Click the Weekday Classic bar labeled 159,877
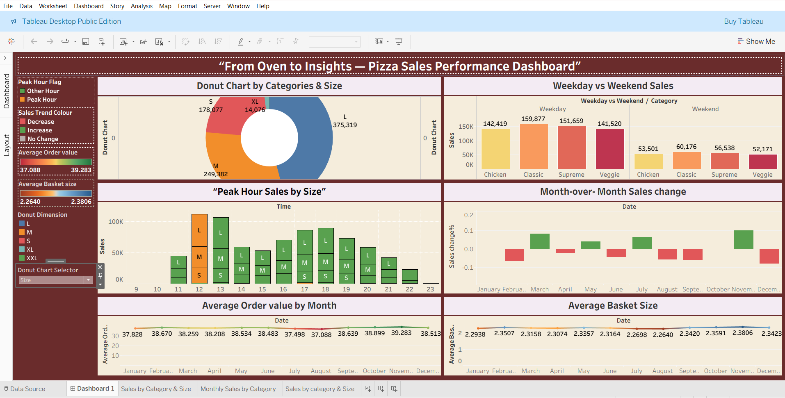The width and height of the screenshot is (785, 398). tap(533, 146)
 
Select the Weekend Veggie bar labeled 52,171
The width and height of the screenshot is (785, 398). tap(763, 161)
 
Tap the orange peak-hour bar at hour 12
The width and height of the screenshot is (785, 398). tap(199, 248)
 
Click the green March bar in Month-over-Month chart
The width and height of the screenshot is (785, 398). tap(540, 241)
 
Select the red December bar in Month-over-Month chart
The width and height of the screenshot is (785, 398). tap(769, 256)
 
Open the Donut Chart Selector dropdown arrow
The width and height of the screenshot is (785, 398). tap(88, 280)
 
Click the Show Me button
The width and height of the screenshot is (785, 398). tap(756, 41)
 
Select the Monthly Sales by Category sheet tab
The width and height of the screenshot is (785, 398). tap(238, 389)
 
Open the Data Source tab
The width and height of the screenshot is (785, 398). tap(25, 389)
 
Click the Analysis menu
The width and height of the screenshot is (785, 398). tap(141, 6)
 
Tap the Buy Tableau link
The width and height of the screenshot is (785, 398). tap(744, 21)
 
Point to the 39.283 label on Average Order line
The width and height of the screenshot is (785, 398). tap(401, 333)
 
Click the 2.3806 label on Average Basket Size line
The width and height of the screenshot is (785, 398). tap(742, 333)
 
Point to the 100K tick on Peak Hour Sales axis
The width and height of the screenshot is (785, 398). tap(116, 222)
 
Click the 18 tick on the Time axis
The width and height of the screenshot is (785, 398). tap(325, 289)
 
